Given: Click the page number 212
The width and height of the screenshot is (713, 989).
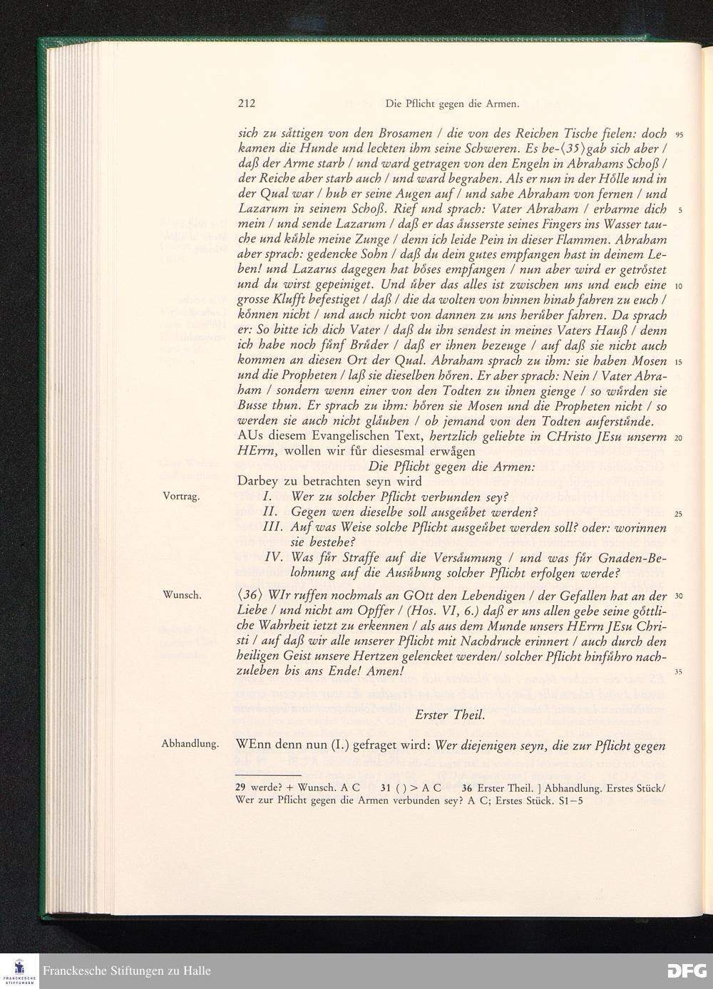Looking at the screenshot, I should pos(247,103).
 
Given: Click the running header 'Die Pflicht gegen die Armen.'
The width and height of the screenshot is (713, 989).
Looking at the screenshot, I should pos(451,104).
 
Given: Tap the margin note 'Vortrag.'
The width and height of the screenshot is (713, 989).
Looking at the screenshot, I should pos(180,496).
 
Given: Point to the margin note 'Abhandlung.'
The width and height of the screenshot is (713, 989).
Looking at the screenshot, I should pos(190,744).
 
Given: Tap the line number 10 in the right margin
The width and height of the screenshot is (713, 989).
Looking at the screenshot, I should pos(678,286).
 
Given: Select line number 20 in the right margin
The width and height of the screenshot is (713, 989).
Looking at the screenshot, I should pos(678,437).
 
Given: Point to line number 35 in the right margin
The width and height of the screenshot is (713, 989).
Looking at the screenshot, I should pos(678,671).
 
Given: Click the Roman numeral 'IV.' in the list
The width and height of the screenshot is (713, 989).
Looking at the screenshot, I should pos(275,557).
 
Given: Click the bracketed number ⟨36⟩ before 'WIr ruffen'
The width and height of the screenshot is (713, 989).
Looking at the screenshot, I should pos(251,596).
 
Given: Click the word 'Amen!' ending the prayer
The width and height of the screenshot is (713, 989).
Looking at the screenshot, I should pos(386,672).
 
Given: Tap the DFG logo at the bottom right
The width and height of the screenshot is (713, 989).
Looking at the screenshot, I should pos(687,970).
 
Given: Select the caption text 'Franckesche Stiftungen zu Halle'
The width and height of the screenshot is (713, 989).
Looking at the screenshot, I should pos(127,971).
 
